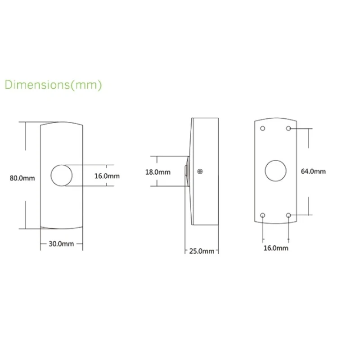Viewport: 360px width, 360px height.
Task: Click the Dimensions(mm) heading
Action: point(53,85)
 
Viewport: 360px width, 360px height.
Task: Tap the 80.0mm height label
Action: point(22,178)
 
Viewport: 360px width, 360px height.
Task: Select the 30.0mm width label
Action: point(61,244)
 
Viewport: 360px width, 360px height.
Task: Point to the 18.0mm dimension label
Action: point(158,172)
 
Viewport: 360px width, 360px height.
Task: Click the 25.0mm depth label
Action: point(202,251)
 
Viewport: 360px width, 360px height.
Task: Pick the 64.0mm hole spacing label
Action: point(313,171)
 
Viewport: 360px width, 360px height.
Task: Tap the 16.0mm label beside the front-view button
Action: point(107,176)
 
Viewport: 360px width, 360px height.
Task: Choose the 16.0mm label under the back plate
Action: point(276,248)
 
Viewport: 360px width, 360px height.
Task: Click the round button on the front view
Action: point(62,165)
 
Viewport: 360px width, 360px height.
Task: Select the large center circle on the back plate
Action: point(275,160)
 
